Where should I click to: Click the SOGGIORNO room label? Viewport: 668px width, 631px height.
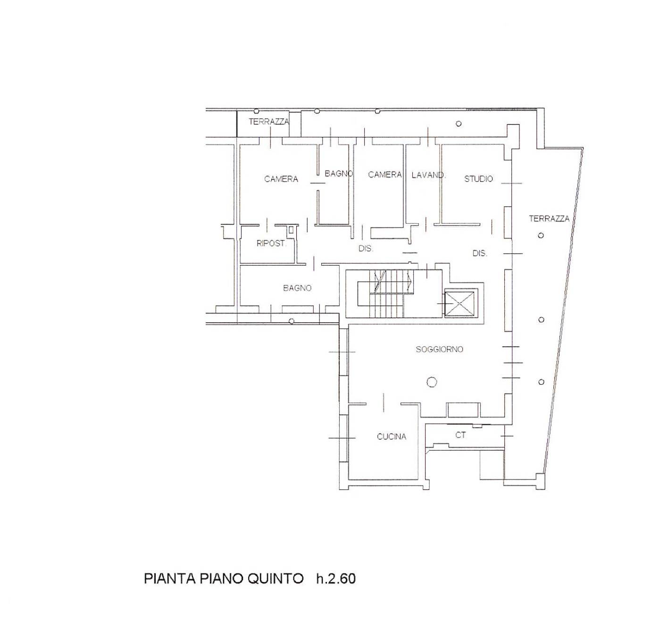click(x=439, y=349)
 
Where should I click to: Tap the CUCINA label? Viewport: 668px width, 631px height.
click(x=392, y=437)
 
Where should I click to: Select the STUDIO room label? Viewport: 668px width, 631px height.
click(x=478, y=179)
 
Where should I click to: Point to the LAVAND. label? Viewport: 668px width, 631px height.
click(x=428, y=175)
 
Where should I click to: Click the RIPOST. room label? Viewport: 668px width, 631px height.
click(x=271, y=244)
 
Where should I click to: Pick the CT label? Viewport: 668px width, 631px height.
click(x=460, y=435)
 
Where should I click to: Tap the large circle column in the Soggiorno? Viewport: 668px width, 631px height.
click(x=432, y=382)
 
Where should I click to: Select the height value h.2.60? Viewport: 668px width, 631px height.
click(x=336, y=579)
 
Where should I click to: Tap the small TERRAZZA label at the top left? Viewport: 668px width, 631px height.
click(x=269, y=121)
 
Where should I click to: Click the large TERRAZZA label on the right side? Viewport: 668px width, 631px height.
click(x=549, y=219)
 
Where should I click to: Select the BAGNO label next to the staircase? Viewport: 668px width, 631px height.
click(x=297, y=288)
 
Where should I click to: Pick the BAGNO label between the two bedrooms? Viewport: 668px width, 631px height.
click(x=339, y=174)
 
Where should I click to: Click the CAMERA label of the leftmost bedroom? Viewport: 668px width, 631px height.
click(x=281, y=179)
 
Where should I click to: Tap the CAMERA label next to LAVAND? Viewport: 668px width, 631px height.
click(x=385, y=174)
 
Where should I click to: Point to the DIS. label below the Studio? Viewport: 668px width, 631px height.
click(x=480, y=253)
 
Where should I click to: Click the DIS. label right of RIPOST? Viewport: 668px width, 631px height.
click(x=366, y=248)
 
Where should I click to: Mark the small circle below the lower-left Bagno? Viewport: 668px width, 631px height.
click(x=291, y=321)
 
